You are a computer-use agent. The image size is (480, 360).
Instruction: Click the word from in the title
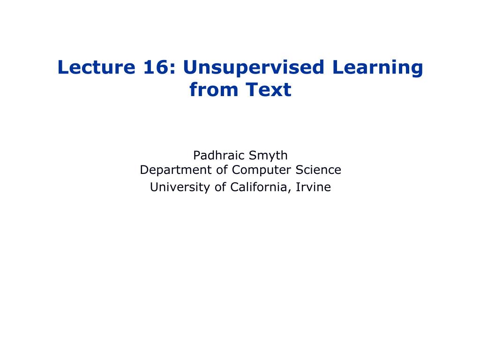[211, 90]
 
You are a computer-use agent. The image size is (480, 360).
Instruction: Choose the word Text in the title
[268, 90]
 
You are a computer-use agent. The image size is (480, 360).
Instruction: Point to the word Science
[318, 170]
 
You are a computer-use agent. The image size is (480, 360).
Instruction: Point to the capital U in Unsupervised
[189, 67]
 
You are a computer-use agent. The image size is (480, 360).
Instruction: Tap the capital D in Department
[144, 170]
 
